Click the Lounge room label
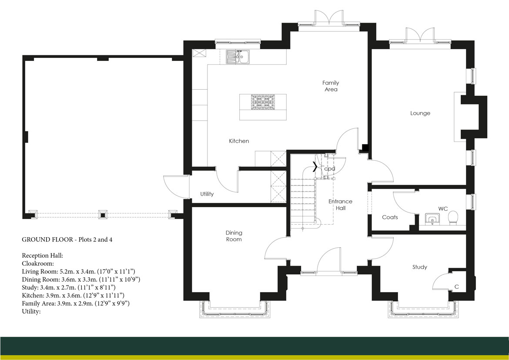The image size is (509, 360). [x=420, y=113]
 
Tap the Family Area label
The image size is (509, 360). [x=330, y=86]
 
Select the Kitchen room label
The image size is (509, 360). [x=239, y=141]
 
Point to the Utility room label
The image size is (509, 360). [x=207, y=194]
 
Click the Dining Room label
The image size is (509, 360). [x=234, y=236]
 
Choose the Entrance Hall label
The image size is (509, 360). [x=340, y=205]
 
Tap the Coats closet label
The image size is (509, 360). [x=390, y=217]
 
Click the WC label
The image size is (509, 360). [x=443, y=209]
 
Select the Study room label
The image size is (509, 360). [x=420, y=267]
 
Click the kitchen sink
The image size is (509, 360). [x=237, y=57]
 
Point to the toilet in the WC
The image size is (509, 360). [x=452, y=218]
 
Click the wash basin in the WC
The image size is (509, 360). [x=432, y=219]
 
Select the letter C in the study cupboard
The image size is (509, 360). [x=457, y=287]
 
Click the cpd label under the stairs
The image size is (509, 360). [x=330, y=168]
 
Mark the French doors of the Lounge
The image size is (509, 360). [x=420, y=36]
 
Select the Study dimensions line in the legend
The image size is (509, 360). [x=68, y=287]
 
